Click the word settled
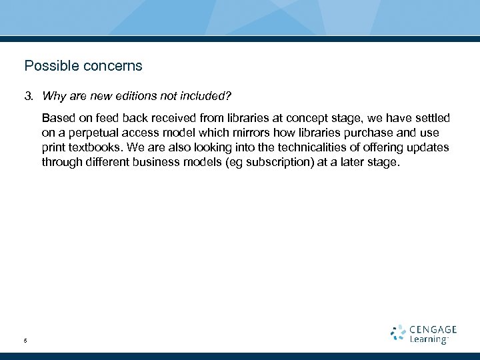431,118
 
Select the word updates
429,147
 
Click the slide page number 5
25,341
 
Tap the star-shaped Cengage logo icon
397,333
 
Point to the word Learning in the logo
429,339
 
